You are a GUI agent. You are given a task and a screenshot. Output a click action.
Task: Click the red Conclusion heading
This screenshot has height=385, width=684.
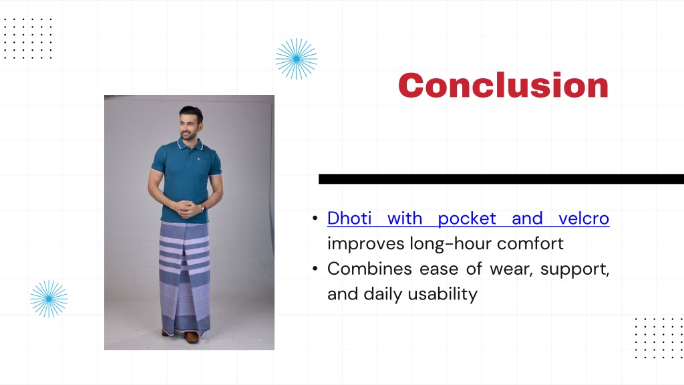pos(503,85)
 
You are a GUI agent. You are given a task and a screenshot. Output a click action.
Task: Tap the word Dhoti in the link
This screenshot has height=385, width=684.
pos(349,219)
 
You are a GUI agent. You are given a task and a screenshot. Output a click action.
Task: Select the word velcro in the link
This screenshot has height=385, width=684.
pos(584,219)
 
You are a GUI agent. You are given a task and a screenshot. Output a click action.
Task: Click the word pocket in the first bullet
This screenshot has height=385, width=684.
pos(467,219)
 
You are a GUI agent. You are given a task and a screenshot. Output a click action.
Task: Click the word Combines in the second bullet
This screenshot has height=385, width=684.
pos(369,269)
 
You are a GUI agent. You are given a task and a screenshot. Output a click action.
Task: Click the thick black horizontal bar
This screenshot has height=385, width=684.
pos(501,179)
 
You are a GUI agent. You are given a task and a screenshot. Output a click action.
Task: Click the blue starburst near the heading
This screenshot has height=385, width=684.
pos(296,59)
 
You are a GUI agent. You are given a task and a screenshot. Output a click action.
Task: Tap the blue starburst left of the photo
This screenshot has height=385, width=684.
pos(49,299)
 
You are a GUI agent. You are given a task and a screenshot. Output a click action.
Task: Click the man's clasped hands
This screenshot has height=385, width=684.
pos(186,208)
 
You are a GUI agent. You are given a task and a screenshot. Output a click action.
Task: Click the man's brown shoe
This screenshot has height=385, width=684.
pos(192,337)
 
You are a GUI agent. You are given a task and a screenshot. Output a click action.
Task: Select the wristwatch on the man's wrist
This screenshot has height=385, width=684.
pos(202,209)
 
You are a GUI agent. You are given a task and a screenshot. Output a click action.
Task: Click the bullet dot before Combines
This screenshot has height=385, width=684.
pos(315,269)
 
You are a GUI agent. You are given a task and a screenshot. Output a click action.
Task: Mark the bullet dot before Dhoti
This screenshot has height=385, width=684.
pos(315,219)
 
